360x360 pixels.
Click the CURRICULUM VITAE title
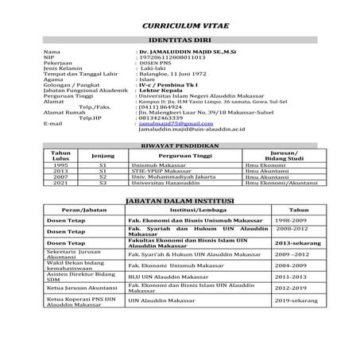[x=179, y=25]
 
